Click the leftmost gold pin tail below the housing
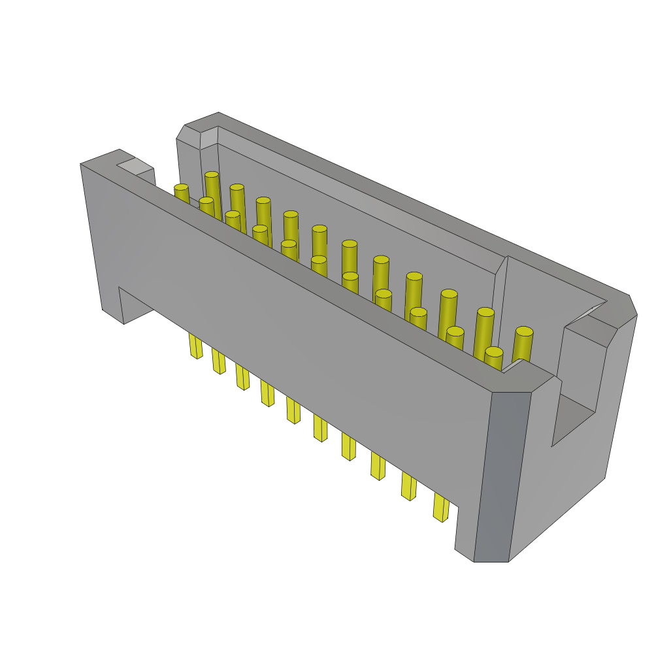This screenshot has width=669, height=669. pos(195,346)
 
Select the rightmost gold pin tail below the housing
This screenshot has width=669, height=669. pos(441,508)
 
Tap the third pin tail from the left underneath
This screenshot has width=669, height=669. pos(242,377)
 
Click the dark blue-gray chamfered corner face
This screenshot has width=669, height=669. pos(502,477)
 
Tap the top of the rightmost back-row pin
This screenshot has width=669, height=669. pos(524,332)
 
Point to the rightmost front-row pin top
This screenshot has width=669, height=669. pos(494,352)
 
